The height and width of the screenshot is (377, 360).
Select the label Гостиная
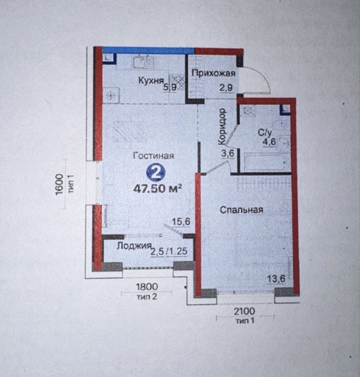(x=153, y=155)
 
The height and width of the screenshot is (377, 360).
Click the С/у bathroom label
(x=264, y=131)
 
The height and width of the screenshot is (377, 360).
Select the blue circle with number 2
(x=155, y=173)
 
